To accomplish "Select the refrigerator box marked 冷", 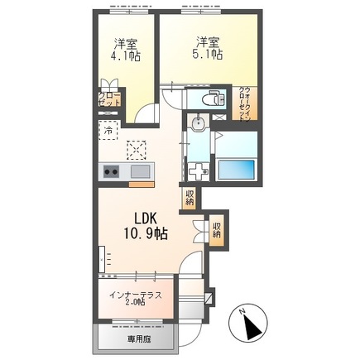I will click(x=108, y=131).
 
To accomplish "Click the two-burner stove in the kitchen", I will click(x=111, y=171).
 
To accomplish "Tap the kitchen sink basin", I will click(x=139, y=171).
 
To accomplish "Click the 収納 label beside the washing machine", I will click(x=190, y=199).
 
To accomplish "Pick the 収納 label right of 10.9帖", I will click(x=216, y=228).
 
